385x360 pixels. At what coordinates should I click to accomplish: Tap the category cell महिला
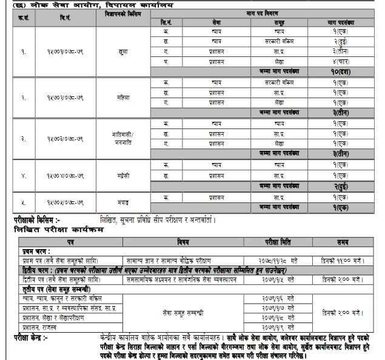pos(123,97)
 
